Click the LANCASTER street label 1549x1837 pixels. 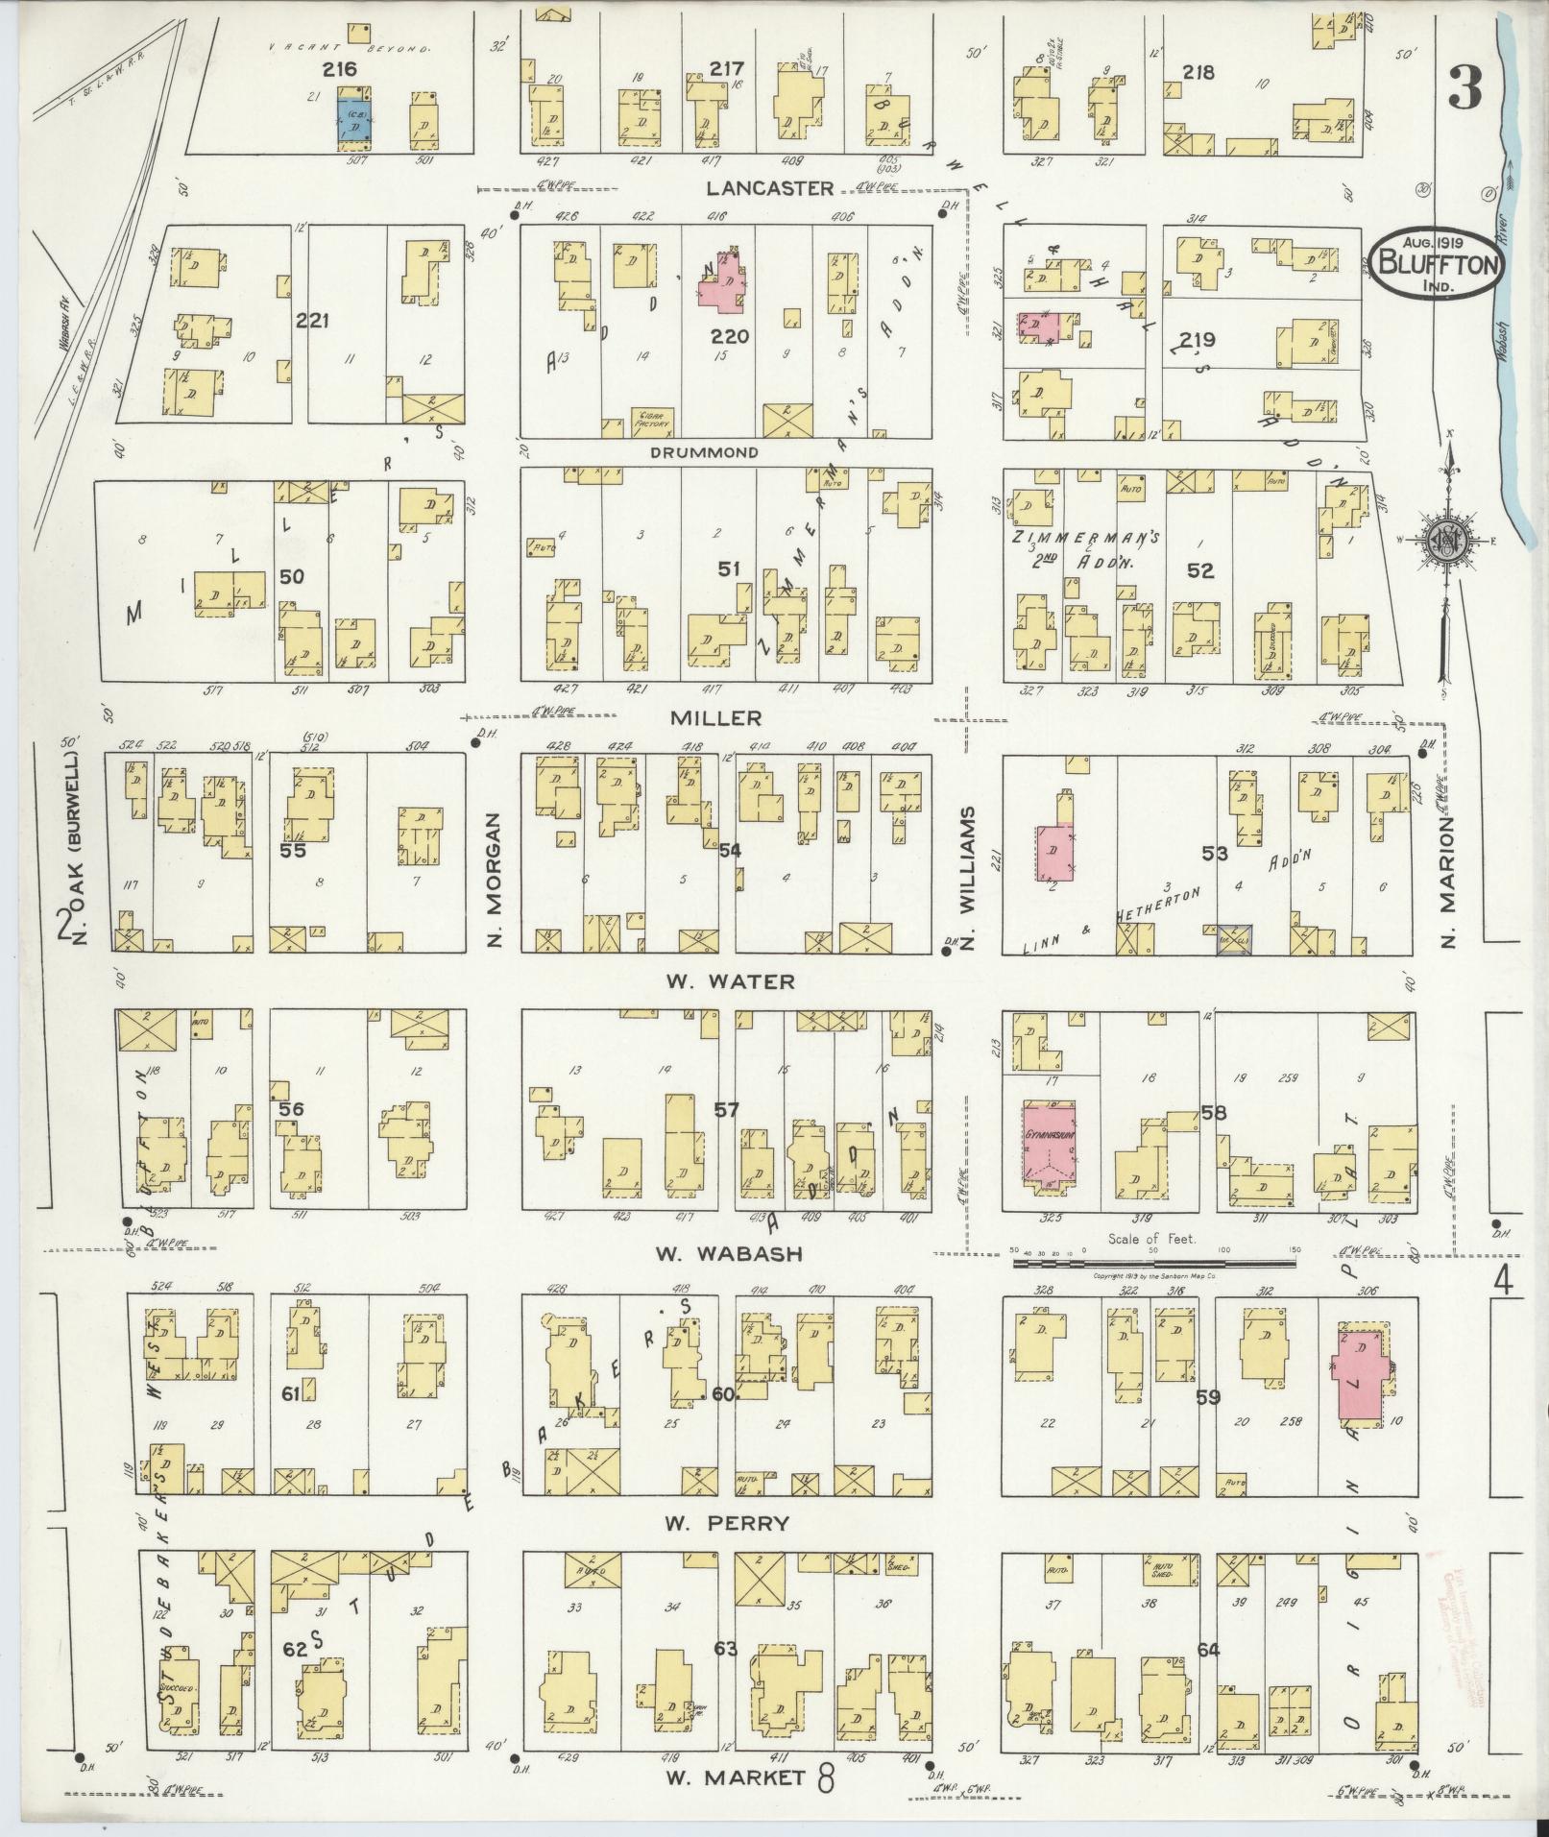coord(766,188)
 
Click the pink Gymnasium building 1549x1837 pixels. coord(1049,1145)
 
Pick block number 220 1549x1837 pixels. coord(730,337)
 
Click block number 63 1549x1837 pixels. coord(726,1650)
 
